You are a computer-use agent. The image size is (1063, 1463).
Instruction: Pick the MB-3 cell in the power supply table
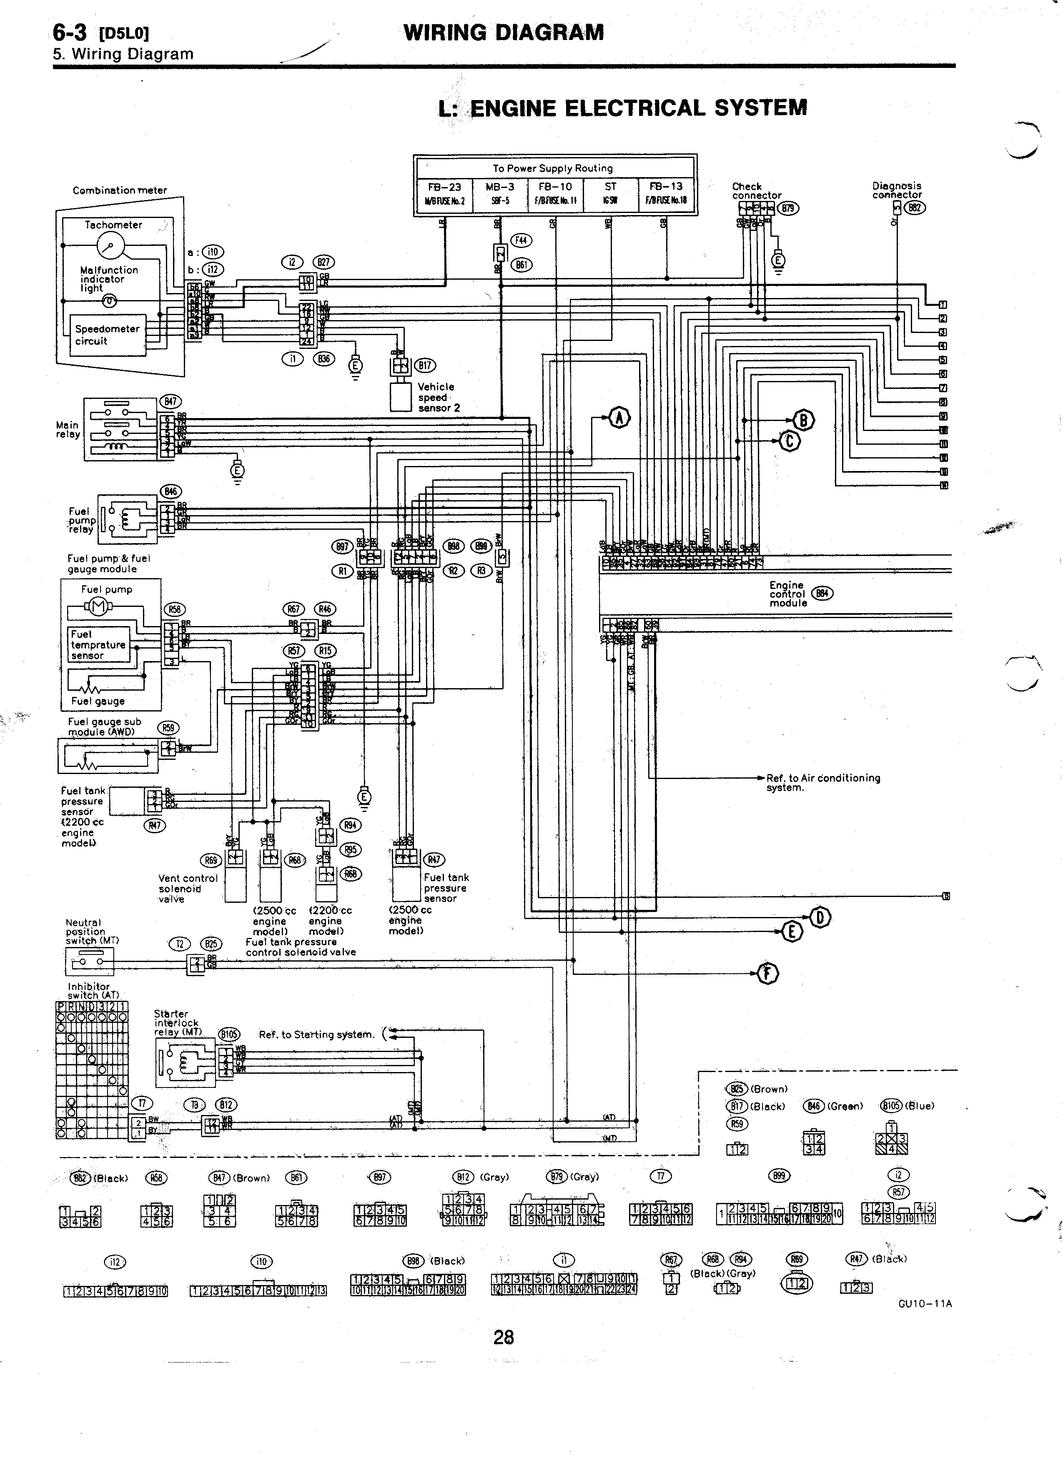501,193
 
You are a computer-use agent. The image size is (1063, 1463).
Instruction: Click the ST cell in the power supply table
610,193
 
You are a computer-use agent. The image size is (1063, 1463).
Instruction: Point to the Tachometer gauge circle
110,245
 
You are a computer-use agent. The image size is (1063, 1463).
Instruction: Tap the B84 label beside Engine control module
822,594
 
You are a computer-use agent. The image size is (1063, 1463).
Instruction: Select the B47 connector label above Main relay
170,401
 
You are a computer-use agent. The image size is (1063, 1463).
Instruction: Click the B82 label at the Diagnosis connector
915,208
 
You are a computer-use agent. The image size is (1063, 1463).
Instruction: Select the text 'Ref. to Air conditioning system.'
822,782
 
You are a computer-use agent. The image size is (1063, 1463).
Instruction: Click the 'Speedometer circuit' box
107,335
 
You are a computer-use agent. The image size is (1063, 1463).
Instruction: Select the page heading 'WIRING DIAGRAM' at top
503,32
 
